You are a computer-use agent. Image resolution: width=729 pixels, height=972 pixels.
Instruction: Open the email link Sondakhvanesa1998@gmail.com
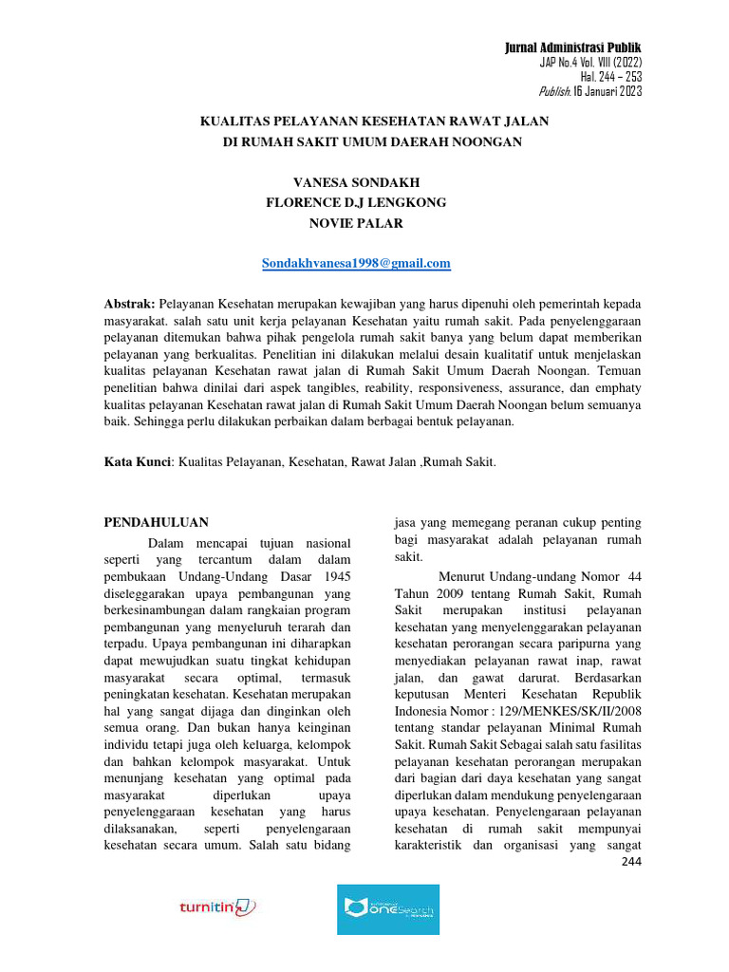(x=356, y=263)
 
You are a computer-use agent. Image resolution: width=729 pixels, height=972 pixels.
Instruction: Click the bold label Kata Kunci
(x=137, y=461)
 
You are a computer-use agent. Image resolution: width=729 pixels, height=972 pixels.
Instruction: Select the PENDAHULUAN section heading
(x=155, y=522)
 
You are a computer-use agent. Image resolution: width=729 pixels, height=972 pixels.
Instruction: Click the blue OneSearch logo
(x=388, y=909)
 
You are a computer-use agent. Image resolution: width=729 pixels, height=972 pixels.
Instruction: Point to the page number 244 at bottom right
(x=631, y=862)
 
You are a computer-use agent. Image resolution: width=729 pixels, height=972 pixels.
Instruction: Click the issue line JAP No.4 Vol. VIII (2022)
(x=590, y=63)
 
